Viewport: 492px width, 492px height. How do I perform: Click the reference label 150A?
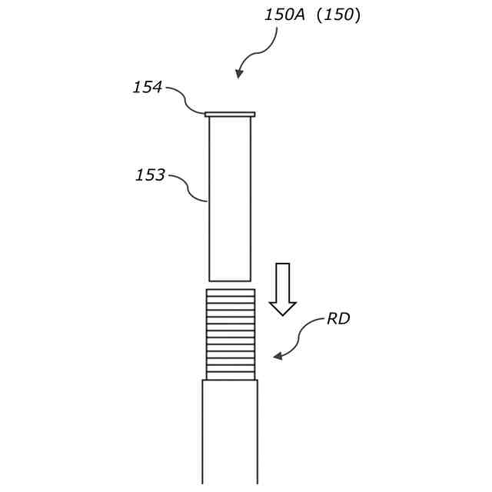pyautogui.click(x=285, y=15)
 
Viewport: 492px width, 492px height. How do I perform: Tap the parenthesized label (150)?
pyautogui.click(x=338, y=15)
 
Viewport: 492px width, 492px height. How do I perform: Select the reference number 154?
pyautogui.click(x=147, y=88)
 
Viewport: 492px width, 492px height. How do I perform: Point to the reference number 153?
pyautogui.click(x=150, y=175)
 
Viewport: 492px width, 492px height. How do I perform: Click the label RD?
pyautogui.click(x=338, y=319)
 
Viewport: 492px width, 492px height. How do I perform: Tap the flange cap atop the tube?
pyautogui.click(x=230, y=114)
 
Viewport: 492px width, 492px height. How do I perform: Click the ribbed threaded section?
pyautogui.click(x=230, y=334)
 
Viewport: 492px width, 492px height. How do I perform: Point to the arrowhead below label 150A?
pyautogui.click(x=239, y=74)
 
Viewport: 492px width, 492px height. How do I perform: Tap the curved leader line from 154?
pyautogui.click(x=186, y=99)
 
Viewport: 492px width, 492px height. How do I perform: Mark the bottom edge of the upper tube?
pyautogui.click(x=230, y=281)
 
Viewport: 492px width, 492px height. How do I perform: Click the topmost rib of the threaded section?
pyautogui.click(x=230, y=293)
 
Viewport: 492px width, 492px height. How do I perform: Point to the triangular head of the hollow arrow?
pyautogui.click(x=283, y=307)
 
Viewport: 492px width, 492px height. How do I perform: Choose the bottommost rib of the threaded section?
pyautogui.click(x=230, y=376)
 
